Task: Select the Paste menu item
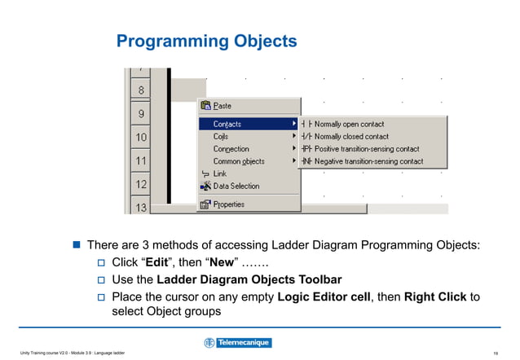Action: click(222, 106)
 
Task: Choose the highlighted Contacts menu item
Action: click(227, 124)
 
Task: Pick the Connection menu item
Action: click(231, 149)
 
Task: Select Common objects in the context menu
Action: click(238, 161)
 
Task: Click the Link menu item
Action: click(219, 173)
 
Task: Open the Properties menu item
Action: click(228, 204)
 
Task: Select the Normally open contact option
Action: click(350, 124)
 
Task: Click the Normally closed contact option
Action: click(351, 136)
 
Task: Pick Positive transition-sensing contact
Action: click(367, 149)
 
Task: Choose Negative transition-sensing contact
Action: click(368, 161)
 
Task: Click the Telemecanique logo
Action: click(237, 343)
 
